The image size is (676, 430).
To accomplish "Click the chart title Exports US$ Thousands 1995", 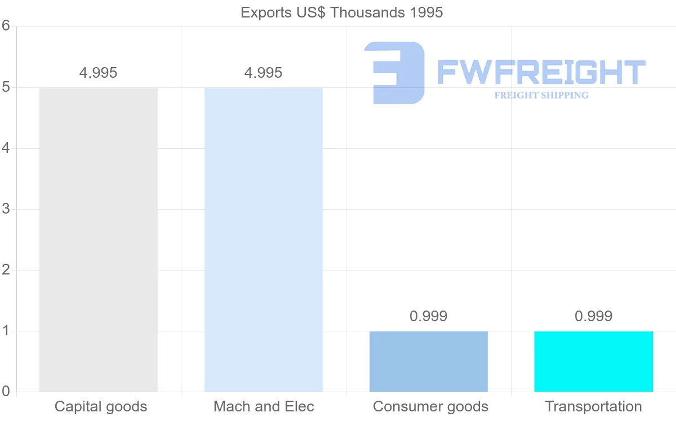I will tap(341, 12).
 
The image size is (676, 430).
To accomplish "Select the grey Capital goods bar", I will tap(99, 240).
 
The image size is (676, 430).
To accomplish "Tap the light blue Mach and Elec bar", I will tap(264, 240).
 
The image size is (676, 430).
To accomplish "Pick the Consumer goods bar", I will tap(429, 361).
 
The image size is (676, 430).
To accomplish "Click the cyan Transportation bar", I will tap(593, 361).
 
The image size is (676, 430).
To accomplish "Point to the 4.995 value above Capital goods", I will tap(99, 73).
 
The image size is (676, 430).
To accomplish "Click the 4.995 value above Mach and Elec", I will tap(264, 73).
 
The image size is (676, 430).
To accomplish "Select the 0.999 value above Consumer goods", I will tap(429, 316).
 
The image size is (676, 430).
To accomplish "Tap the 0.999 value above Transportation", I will tap(593, 316).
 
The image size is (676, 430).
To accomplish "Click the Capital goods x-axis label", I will tap(101, 406).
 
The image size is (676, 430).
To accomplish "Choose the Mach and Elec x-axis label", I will tap(264, 406).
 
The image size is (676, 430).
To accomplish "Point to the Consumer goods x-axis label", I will tap(430, 406).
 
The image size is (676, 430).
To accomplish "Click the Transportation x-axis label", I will tap(593, 406).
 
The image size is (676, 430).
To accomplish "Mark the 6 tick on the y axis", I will tap(6, 26).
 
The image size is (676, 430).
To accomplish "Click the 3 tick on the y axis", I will tap(6, 209).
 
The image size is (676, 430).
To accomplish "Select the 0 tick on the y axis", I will tap(6, 391).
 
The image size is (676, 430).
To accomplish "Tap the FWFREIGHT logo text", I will tap(541, 72).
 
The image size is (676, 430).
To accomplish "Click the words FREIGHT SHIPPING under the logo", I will tap(541, 95).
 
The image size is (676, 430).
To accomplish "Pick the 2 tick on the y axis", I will tap(6, 270).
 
